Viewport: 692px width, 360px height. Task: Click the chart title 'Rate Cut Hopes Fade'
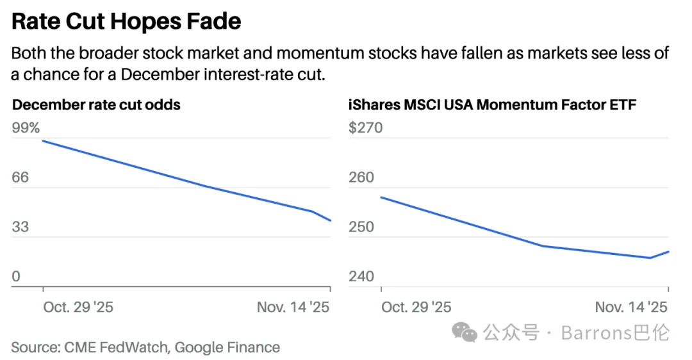(126, 22)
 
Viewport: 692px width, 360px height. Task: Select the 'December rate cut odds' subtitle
(96, 104)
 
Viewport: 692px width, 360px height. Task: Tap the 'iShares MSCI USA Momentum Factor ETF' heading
(492, 104)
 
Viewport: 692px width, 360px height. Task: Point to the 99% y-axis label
(26, 128)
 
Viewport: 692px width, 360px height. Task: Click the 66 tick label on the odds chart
(21, 177)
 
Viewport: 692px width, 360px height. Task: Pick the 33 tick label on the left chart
(21, 227)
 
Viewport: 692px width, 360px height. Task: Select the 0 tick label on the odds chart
(16, 277)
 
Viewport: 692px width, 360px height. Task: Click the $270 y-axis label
(365, 128)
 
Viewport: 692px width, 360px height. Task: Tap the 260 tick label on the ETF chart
(361, 177)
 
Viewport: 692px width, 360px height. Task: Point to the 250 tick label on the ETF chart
(361, 227)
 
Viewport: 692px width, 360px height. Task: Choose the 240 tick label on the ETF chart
(361, 277)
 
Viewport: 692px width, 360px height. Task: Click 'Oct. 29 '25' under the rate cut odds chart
(78, 307)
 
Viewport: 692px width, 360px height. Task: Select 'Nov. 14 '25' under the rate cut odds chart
(293, 307)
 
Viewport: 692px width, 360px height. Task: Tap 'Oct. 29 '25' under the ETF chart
(416, 307)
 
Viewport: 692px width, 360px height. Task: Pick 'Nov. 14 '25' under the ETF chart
(631, 307)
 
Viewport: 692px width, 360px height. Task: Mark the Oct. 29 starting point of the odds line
(43, 141)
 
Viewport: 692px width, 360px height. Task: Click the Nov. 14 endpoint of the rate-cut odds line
(331, 221)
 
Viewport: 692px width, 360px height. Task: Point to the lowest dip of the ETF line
(650, 258)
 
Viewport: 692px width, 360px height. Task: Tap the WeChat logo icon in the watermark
(465, 331)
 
